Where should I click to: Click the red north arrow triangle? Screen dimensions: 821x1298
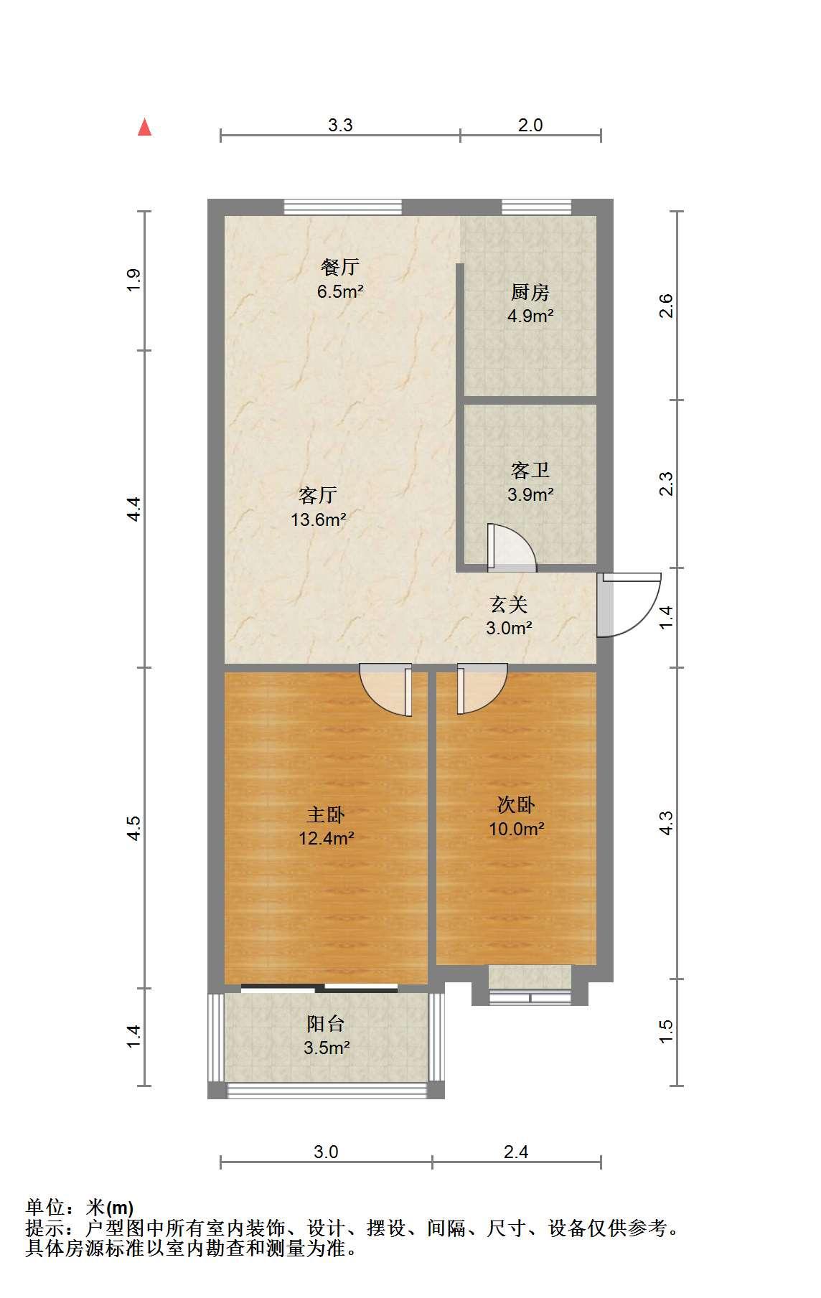[x=145, y=127]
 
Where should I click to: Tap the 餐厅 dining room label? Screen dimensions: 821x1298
[x=339, y=268]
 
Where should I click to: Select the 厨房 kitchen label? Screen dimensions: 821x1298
[x=530, y=292]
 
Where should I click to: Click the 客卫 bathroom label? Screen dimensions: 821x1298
[x=530, y=470]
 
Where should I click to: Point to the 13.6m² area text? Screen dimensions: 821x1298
[x=319, y=519]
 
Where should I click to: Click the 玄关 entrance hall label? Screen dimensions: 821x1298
[x=509, y=605]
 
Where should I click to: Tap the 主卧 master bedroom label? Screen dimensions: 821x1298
[x=326, y=814]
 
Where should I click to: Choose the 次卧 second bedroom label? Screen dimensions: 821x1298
[x=516, y=805]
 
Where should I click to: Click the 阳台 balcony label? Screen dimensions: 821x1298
[x=326, y=1024]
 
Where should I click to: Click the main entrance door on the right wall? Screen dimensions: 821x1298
[x=629, y=604]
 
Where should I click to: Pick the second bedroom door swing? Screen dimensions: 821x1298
[x=482, y=689]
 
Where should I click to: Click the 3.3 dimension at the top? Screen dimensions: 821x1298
[x=340, y=125]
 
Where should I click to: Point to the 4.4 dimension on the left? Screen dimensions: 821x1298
[x=133, y=509]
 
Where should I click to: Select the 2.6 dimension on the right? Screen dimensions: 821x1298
[x=666, y=306]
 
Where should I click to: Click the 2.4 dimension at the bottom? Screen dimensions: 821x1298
[x=516, y=1152]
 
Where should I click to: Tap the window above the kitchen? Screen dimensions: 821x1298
[x=537, y=207]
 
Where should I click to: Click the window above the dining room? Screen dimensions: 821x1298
[x=343, y=207]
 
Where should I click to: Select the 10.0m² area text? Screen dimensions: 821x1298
[x=516, y=829]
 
